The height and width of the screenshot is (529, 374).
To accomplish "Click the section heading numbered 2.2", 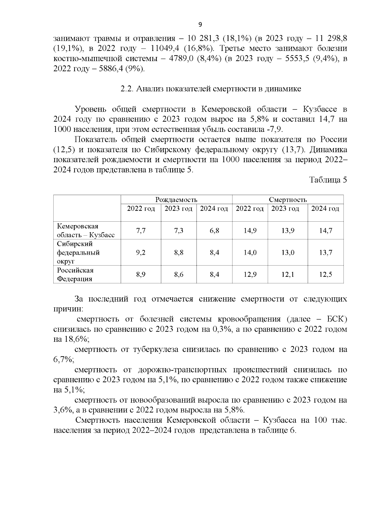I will click(x=211, y=89).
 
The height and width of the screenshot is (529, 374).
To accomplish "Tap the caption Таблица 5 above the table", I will click(x=328, y=180).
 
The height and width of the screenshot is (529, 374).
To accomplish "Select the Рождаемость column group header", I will click(x=176, y=200).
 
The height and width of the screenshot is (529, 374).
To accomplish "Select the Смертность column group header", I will click(x=288, y=200).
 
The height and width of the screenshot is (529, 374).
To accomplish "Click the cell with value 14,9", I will click(x=250, y=231).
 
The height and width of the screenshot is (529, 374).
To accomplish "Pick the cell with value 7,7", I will click(x=141, y=231).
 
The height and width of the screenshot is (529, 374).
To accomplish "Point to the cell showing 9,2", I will click(x=141, y=252).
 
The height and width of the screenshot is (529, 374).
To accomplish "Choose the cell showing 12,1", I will click(x=288, y=275).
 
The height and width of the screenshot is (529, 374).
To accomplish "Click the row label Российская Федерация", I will click(x=75, y=275).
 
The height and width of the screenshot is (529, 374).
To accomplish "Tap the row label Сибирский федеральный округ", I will click(x=78, y=252).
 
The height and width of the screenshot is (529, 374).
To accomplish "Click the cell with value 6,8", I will click(x=214, y=231).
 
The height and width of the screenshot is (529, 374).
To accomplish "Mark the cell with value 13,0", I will click(x=288, y=252).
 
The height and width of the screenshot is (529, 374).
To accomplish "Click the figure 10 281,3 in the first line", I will click(x=204, y=39).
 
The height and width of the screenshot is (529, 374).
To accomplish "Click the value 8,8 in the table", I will click(x=179, y=252).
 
